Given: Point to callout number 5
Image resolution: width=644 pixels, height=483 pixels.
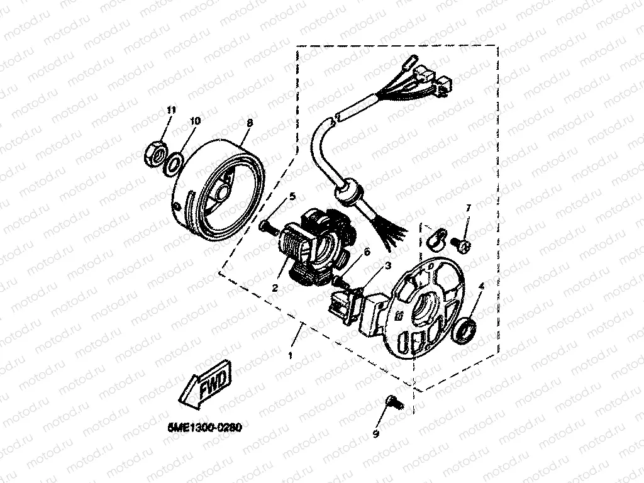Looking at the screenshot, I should [292, 197].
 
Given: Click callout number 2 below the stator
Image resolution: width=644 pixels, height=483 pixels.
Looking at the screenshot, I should [275, 288].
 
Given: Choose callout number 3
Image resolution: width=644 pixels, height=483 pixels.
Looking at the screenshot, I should [389, 266].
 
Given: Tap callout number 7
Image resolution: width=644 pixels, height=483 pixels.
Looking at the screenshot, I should [468, 208].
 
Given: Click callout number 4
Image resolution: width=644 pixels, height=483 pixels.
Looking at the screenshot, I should [481, 287].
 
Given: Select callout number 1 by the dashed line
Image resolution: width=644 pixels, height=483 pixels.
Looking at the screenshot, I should [290, 356].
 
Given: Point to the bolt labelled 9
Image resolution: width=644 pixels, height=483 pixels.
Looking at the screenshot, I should [391, 402].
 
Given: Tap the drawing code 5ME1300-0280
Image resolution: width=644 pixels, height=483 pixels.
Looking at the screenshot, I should [205, 427].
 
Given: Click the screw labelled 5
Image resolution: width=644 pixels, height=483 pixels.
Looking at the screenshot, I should [268, 227].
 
